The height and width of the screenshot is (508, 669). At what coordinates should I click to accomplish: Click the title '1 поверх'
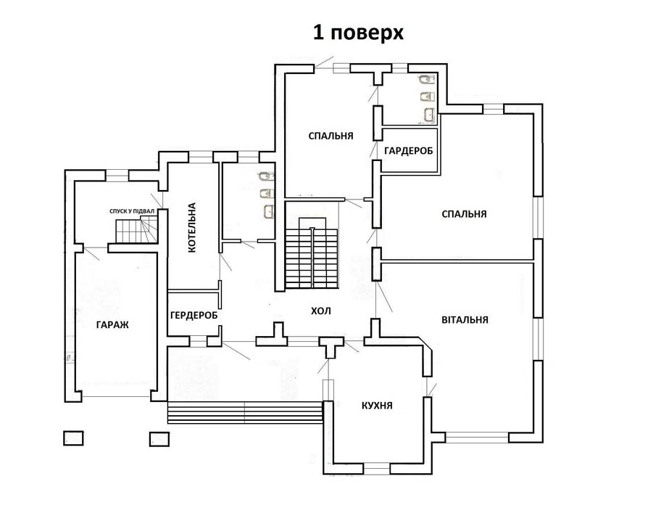point(358,33)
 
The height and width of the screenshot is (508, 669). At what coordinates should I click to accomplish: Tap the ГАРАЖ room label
point(112,324)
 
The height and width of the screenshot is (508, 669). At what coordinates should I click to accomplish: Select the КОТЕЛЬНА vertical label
point(191,227)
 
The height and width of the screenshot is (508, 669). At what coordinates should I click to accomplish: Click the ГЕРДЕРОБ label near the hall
point(194,315)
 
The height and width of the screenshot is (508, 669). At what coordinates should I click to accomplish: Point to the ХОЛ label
point(321,311)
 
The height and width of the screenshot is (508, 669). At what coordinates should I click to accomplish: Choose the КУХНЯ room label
point(377,406)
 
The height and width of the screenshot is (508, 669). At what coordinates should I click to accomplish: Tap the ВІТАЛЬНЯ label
point(465,319)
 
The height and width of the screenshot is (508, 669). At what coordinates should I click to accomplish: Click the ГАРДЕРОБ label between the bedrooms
point(408,151)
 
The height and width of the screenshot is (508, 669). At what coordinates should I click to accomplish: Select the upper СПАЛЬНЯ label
point(331,136)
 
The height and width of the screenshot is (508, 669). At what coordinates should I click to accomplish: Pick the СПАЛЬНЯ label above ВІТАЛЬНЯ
point(464,213)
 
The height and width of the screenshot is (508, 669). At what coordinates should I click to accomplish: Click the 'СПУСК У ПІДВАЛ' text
point(131,211)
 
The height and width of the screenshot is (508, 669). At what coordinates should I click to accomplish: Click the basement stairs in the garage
point(137,229)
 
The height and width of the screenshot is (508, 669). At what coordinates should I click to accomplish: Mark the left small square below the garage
point(73,438)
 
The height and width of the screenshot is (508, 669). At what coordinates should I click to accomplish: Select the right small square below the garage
point(159,439)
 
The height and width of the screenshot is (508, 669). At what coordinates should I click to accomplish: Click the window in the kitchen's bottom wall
point(377,469)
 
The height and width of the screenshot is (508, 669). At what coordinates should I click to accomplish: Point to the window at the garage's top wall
point(117,175)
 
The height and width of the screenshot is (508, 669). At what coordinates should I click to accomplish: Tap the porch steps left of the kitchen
point(245,412)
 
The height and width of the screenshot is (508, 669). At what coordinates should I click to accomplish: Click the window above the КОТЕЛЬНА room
point(201,157)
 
